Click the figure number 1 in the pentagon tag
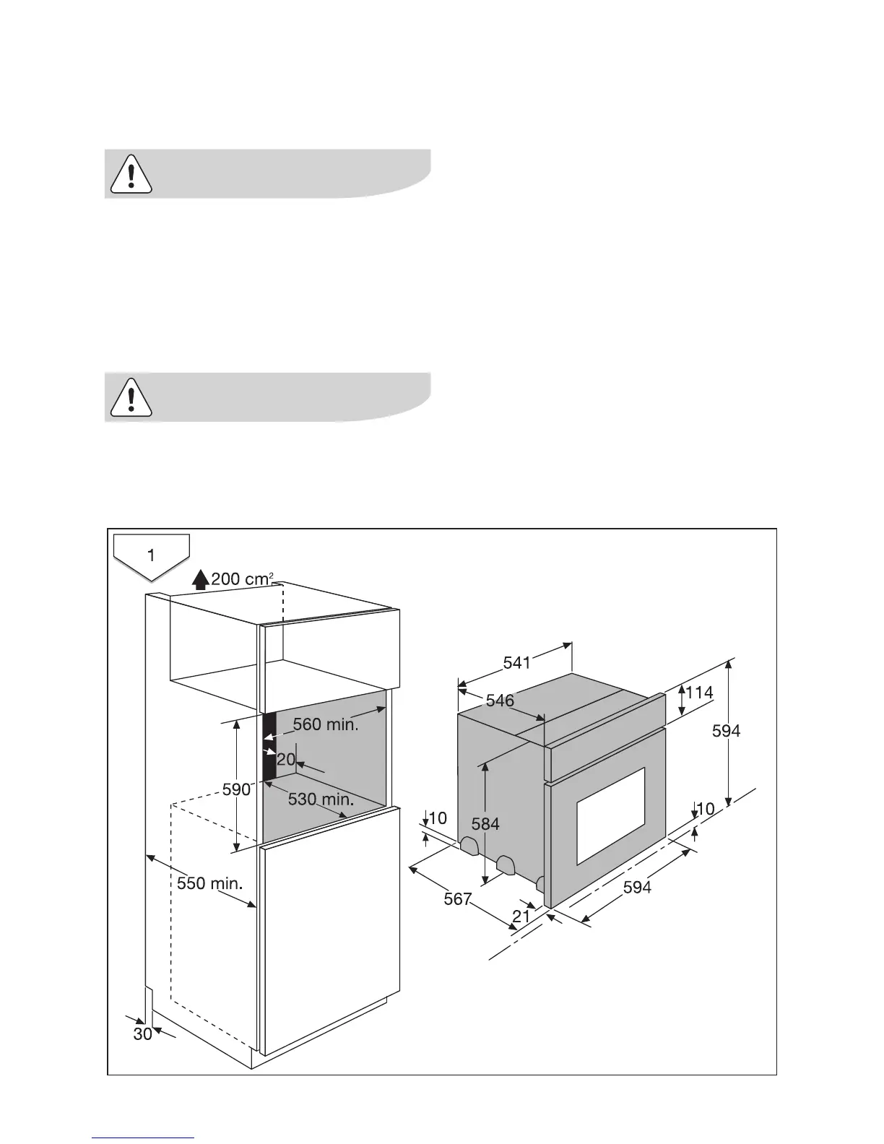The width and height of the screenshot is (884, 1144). [151, 555]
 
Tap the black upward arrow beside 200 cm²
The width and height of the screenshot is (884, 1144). [201, 578]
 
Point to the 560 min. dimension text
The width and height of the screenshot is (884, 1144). [325, 724]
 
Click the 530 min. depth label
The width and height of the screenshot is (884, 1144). [321, 799]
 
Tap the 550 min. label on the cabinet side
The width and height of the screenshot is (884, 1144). [209, 883]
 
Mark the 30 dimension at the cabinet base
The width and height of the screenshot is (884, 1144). [142, 1033]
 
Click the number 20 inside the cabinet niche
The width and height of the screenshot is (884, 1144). [286, 759]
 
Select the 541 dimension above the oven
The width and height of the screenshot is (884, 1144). [517, 662]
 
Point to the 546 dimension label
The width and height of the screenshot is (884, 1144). [500, 700]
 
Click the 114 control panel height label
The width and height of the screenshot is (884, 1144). [699, 693]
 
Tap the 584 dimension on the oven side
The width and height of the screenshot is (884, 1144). [485, 823]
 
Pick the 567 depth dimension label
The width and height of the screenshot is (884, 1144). [458, 899]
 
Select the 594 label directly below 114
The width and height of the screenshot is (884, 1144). [726, 731]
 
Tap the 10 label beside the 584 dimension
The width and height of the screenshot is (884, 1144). [438, 818]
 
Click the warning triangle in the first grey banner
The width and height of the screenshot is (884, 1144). [131, 174]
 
